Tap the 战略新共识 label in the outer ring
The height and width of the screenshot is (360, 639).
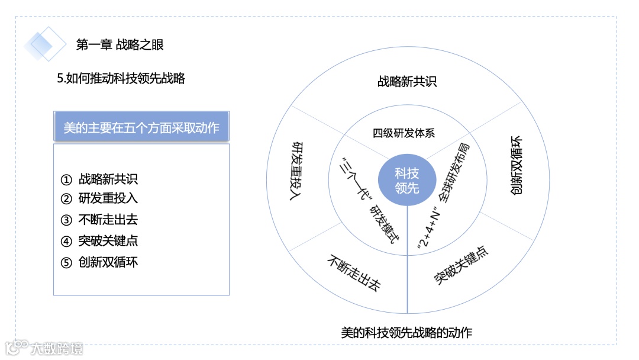pyautogui.click(x=407, y=82)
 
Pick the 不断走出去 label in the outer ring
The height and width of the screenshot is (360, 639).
pyautogui.click(x=353, y=273)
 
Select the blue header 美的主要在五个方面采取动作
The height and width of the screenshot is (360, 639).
pyautogui.click(x=141, y=126)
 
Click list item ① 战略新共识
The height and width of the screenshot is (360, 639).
pyautogui.click(x=100, y=178)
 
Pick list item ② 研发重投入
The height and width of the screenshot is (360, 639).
pyautogui.click(x=100, y=199)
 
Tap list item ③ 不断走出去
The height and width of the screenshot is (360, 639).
pyautogui.click(x=100, y=220)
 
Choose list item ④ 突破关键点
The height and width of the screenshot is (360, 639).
pyautogui.click(x=100, y=241)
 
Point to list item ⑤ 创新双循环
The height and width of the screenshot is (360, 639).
pyautogui.click(x=100, y=262)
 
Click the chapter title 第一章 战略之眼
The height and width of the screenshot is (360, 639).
pyautogui.click(x=120, y=44)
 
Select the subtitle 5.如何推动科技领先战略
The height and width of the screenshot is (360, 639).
pyautogui.click(x=121, y=78)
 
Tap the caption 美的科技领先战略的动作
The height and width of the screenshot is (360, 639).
pyautogui.click(x=407, y=332)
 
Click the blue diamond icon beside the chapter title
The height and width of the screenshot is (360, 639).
pyautogui.click(x=45, y=43)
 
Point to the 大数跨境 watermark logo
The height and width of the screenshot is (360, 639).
pyautogui.click(x=44, y=348)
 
